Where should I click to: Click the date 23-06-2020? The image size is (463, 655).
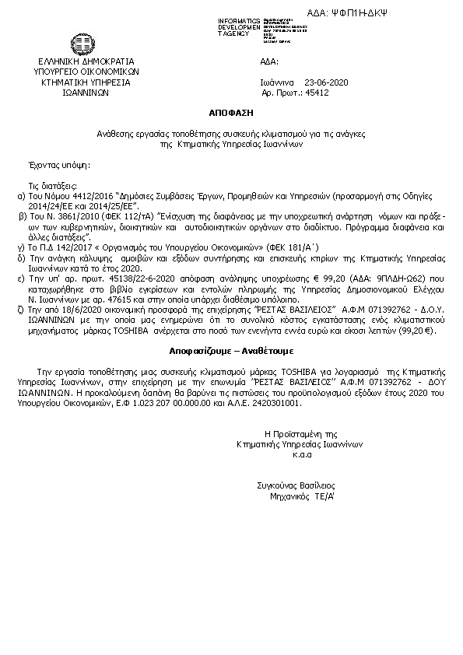[327, 81]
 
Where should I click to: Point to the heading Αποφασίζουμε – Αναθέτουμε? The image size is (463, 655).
[230, 351]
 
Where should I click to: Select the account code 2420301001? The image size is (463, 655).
[275, 405]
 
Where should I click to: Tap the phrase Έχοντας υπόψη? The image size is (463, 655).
[59, 166]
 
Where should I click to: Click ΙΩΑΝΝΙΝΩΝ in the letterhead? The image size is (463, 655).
[86, 91]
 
